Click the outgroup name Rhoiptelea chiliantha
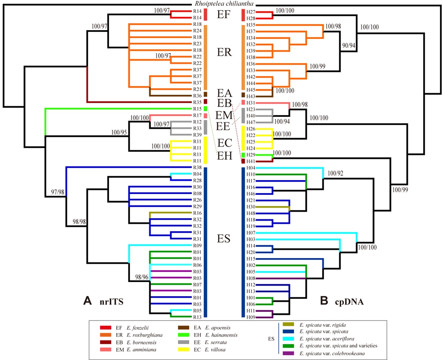pyautogui.click(x=222, y=4)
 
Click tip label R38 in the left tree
pyautogui.click(x=198, y=168)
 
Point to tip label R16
pyautogui.click(x=198, y=213)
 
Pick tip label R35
pyautogui.click(x=198, y=101)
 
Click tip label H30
pyautogui.click(x=251, y=207)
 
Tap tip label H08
pyautogui.click(x=251, y=279)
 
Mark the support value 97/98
pyautogui.click(x=56, y=192)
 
